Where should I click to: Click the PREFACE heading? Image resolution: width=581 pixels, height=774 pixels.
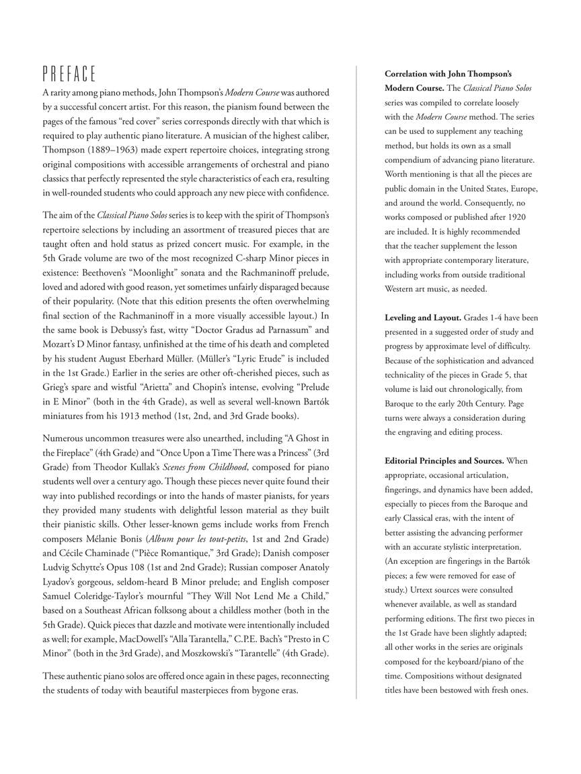pyautogui.click(x=69, y=73)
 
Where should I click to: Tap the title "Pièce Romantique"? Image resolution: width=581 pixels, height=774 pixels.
pyautogui.click(x=177, y=553)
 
